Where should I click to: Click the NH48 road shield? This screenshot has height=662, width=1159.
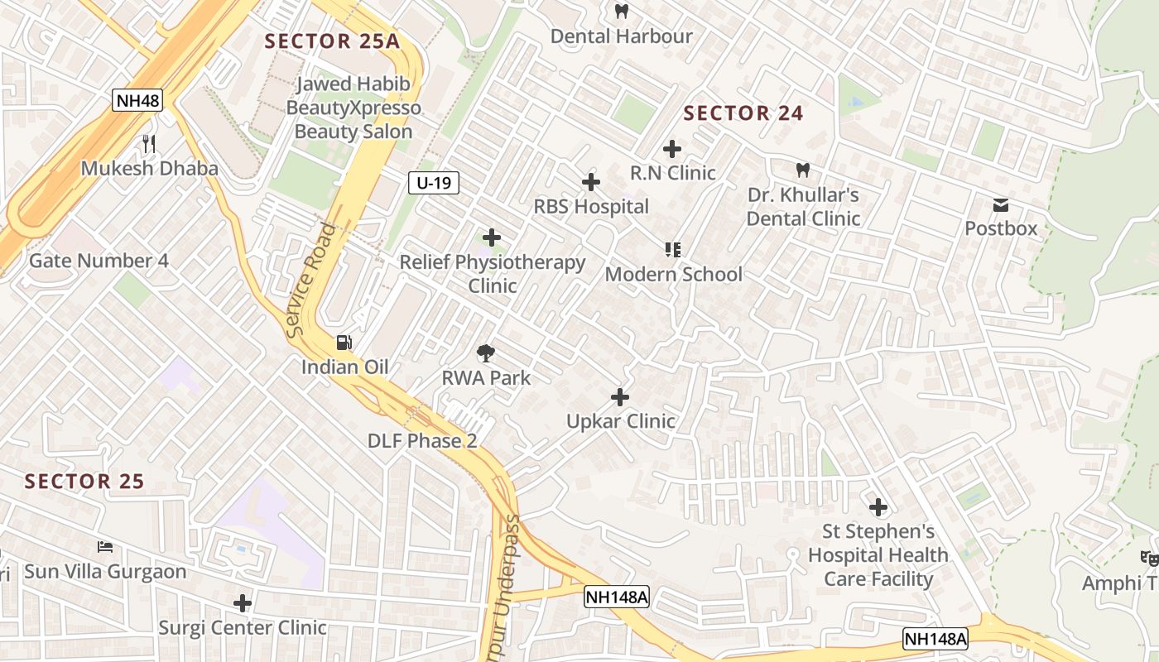click(x=138, y=101)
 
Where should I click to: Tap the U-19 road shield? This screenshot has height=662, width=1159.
click(x=434, y=183)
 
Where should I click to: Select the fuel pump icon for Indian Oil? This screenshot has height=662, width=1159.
click(x=344, y=342)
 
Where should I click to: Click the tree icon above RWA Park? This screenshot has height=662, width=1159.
click(x=486, y=354)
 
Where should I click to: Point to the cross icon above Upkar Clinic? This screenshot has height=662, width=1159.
click(x=620, y=397)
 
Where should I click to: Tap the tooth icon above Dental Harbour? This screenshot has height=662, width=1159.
click(x=622, y=12)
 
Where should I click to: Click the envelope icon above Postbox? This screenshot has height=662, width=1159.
click(x=1001, y=204)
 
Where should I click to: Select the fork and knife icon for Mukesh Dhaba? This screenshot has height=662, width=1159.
click(x=149, y=144)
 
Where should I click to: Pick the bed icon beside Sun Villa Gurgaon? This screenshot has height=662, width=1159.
click(x=105, y=547)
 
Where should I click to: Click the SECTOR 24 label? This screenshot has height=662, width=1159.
click(x=743, y=113)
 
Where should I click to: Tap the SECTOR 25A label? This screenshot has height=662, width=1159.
click(x=332, y=41)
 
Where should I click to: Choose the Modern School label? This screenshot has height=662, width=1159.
click(x=674, y=274)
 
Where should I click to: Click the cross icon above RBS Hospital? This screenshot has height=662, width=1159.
click(x=591, y=182)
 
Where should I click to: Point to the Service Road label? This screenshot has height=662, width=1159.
click(x=312, y=280)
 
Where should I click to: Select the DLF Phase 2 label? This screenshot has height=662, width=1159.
click(x=422, y=440)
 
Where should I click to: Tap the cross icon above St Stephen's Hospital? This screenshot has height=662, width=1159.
click(x=878, y=506)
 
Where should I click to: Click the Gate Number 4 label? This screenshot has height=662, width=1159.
click(x=99, y=261)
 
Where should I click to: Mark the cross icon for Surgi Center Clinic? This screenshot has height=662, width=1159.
click(x=243, y=603)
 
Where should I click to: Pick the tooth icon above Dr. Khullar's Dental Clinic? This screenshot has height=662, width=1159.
click(x=802, y=170)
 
